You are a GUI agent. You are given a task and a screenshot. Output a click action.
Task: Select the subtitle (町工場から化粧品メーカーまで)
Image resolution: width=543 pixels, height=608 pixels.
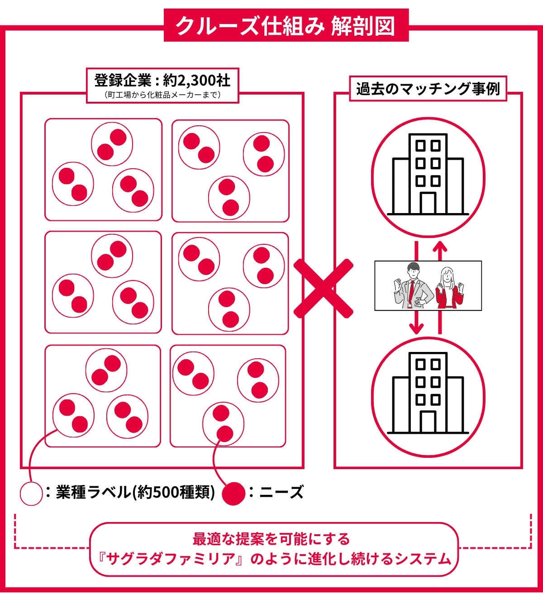coord(163,95)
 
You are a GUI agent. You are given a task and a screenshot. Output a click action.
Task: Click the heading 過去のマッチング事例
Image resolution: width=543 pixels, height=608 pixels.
coord(428,89)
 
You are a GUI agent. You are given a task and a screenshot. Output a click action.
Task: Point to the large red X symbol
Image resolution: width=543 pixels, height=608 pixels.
coord(323,289)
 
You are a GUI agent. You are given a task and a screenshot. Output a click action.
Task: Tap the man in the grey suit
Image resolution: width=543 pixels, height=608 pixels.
coord(414,286)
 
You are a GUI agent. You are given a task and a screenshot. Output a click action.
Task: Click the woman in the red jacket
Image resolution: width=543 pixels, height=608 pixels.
coord(449,288)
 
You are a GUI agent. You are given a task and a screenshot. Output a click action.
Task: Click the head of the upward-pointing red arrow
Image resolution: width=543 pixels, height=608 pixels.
coord(440,247)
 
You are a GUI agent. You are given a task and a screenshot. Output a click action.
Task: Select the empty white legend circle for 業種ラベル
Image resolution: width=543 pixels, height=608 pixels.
coord(31,494)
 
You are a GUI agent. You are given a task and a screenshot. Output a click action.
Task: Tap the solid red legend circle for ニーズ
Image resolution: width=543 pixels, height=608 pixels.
coord(234,494)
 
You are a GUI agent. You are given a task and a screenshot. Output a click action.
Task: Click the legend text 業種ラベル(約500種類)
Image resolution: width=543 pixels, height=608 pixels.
coord(135,493)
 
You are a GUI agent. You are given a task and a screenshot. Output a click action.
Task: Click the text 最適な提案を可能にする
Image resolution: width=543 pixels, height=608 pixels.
coord(271,539)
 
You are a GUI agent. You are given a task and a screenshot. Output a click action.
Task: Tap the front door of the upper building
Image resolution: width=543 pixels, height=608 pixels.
coord(428,203)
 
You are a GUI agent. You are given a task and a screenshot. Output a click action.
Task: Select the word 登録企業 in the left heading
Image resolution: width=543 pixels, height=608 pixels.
coord(124,81)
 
